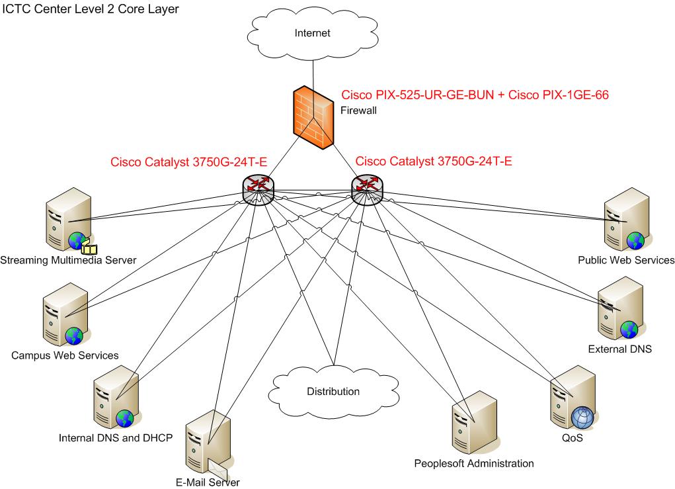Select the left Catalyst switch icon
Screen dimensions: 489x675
(258, 189)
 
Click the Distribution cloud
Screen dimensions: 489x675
(333, 391)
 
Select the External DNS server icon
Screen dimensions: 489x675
(619, 308)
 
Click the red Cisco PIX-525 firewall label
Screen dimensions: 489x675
(474, 95)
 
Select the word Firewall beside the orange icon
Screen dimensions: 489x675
(358, 111)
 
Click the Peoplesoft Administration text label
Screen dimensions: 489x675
(474, 463)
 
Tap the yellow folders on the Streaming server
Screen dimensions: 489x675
(89, 248)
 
